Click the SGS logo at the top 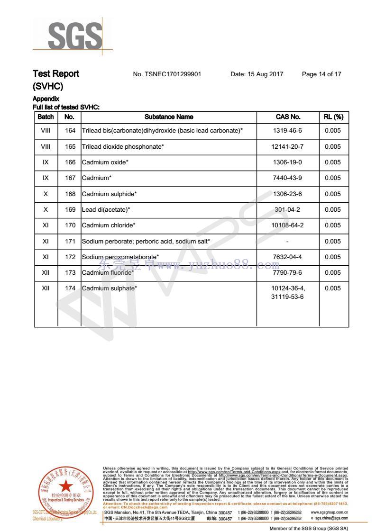[x=75, y=36]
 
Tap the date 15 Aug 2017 [x=257, y=74]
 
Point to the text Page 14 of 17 [x=321, y=74]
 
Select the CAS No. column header [x=288, y=117]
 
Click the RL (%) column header [x=333, y=117]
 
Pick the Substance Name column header [x=169, y=117]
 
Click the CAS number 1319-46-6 [x=287, y=131]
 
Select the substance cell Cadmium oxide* [x=105, y=162]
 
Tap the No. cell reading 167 [x=70, y=178]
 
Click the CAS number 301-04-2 [x=287, y=209]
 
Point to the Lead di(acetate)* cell [x=106, y=209]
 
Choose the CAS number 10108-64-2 [x=287, y=225]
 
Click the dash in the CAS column [x=287, y=241]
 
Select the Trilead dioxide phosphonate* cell [x=123, y=147]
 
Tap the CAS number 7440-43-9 [x=287, y=178]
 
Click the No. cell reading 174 [x=70, y=288]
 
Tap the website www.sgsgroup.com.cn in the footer [x=329, y=513]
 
